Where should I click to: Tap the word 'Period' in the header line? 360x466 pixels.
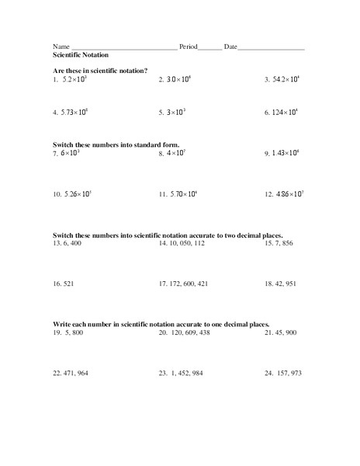(189, 47)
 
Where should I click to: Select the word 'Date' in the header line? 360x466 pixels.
(230, 47)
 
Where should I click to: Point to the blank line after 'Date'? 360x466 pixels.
(271, 48)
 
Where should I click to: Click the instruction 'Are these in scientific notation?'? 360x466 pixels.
(100, 71)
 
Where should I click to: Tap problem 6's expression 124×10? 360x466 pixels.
(286, 112)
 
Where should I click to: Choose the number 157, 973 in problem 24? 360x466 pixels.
(289, 373)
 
